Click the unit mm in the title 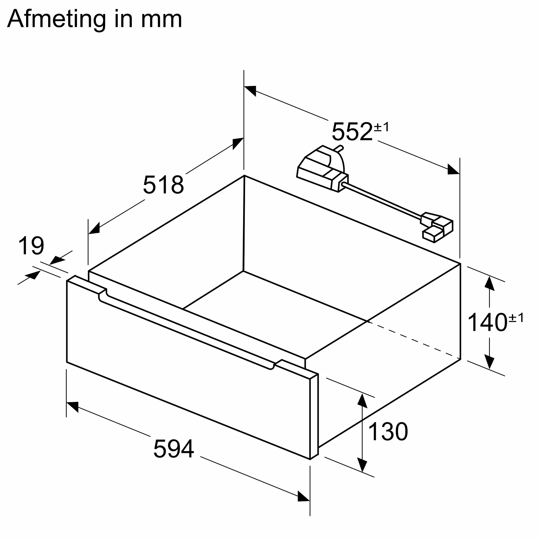click(x=161, y=19)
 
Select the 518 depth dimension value click(x=164, y=185)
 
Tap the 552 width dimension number click(x=352, y=132)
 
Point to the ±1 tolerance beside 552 click(x=381, y=127)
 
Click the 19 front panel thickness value click(x=31, y=246)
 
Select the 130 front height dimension click(x=388, y=431)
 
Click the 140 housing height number click(x=487, y=322)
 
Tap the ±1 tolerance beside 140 click(x=516, y=318)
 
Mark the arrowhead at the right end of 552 click(x=453, y=169)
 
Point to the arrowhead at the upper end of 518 click(x=238, y=143)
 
